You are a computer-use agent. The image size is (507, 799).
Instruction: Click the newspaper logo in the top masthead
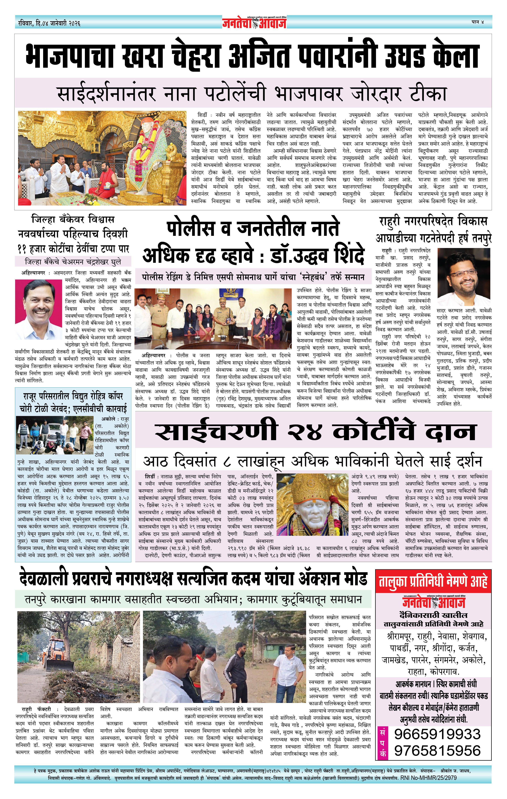pos(254,23)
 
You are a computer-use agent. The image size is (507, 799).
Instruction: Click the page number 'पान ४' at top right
pos(477,22)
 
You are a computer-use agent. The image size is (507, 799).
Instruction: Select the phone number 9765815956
pos(437,751)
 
